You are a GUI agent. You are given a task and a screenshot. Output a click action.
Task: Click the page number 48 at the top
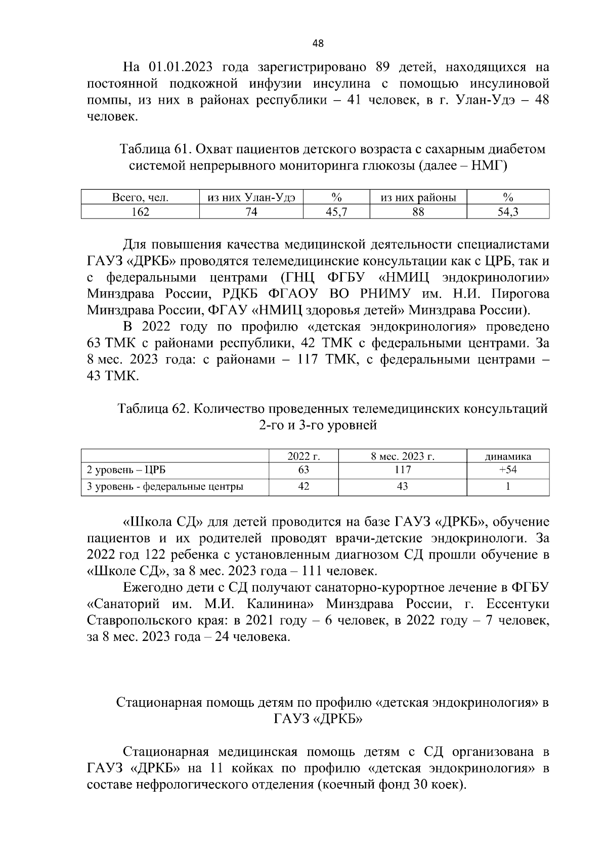318,44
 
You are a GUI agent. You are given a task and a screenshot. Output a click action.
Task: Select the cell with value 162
140,212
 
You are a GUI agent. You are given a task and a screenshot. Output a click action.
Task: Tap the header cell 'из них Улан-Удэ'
251,197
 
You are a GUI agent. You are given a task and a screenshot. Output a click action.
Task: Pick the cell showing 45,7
336,212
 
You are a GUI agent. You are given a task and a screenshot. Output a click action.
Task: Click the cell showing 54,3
508,212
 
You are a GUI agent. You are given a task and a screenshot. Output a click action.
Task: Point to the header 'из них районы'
418,197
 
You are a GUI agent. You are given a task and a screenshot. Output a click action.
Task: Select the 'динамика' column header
508,456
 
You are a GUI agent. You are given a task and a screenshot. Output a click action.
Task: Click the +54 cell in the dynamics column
508,470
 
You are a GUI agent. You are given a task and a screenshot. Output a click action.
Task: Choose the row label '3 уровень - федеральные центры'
165,487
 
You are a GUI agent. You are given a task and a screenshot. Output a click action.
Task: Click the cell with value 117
402,470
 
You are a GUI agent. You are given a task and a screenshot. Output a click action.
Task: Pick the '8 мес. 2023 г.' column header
402,456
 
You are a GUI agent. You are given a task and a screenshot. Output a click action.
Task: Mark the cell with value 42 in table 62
303,487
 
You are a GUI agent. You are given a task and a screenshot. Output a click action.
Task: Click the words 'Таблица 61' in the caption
155,150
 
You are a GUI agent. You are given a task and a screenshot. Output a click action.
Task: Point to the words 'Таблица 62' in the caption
153,409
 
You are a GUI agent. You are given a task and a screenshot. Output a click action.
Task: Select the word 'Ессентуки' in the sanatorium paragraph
517,604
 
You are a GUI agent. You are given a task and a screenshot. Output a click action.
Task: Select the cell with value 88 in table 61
418,212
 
